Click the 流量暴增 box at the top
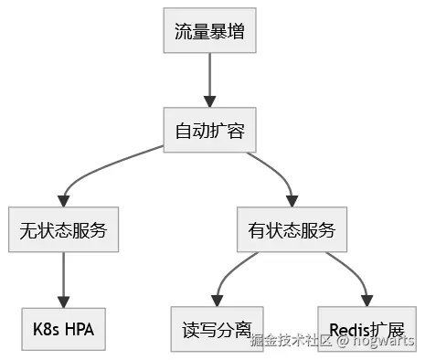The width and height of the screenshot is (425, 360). [x=210, y=31]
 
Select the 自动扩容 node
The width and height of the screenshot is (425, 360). [x=210, y=131]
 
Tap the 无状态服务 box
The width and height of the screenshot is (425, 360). [x=63, y=230]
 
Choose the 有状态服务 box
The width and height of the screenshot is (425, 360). [x=292, y=230]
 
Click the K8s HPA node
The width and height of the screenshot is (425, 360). [x=63, y=329]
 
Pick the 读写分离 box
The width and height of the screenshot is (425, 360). [x=217, y=329]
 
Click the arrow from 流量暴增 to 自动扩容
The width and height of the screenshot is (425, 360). [x=210, y=80]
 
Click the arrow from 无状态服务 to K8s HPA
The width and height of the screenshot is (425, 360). [x=63, y=279]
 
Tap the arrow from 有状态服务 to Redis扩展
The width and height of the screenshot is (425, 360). [x=352, y=271]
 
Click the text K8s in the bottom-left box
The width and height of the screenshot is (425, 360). [x=44, y=329]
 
